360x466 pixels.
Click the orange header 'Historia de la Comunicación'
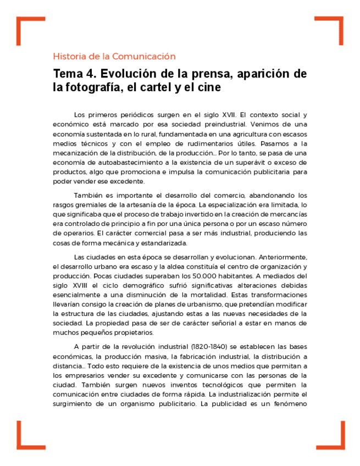[x=114, y=56]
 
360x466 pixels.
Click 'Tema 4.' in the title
[x=71, y=74]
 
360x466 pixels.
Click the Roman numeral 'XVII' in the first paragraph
[x=227, y=115]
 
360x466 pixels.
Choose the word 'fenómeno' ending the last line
[x=290, y=404]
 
